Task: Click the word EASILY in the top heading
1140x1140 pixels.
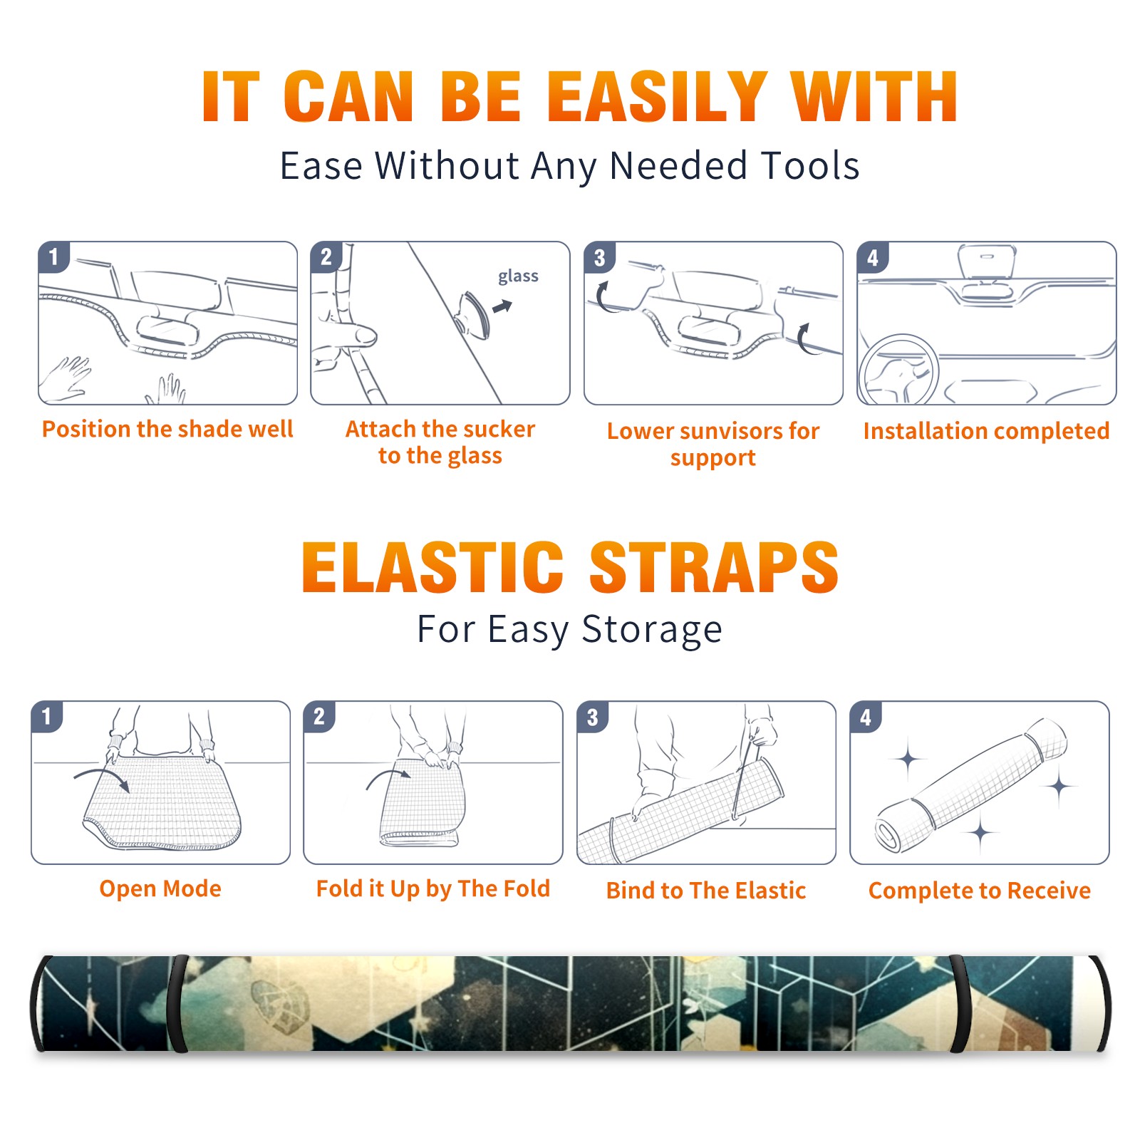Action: click(x=658, y=97)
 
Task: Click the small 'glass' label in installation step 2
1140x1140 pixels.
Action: click(x=518, y=276)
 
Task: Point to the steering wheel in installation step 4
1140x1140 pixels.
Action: click(x=898, y=370)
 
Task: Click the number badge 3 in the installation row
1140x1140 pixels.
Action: click(x=599, y=257)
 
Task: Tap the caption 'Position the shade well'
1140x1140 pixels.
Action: click(x=167, y=429)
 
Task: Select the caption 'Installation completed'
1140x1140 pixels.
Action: click(x=987, y=431)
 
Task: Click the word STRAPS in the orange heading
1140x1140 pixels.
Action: click(x=714, y=567)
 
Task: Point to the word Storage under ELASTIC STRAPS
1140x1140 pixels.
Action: click(x=652, y=630)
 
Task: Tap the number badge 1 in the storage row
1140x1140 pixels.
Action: click(x=47, y=717)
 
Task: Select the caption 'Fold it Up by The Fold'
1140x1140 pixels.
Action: click(x=433, y=888)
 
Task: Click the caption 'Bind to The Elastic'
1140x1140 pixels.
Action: click(x=706, y=891)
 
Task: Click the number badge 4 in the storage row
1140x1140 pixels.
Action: click(x=866, y=717)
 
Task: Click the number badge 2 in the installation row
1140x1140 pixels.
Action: click(x=326, y=257)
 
